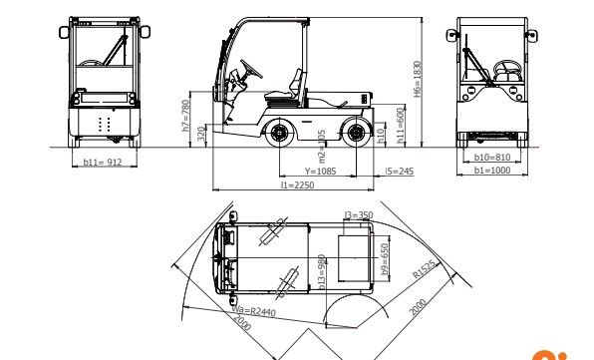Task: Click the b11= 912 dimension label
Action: (x=102, y=162)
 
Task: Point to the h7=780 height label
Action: (x=185, y=115)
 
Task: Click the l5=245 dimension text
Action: (x=399, y=171)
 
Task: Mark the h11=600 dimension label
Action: (x=401, y=127)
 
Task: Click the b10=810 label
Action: (x=491, y=158)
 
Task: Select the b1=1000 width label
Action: (x=491, y=171)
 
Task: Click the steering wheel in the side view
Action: (x=246, y=72)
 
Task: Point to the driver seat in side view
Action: (x=292, y=85)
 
